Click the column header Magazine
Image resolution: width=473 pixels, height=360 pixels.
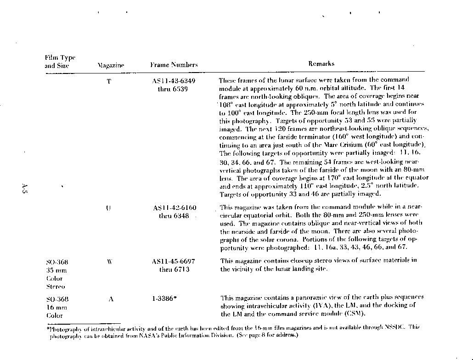point(111,66)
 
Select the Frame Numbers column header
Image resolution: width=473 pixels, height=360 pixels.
point(174,65)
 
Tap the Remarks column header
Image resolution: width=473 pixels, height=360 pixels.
point(321,64)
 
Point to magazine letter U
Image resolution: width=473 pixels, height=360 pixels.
point(108,208)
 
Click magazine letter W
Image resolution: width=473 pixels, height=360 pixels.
point(109,262)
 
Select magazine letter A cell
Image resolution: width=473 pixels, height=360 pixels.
point(111,299)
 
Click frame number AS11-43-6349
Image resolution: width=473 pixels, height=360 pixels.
point(173,81)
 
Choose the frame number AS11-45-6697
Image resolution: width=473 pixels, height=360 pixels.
point(173,261)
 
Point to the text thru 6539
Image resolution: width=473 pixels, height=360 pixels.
point(173,89)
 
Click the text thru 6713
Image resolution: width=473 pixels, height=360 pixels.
point(173,270)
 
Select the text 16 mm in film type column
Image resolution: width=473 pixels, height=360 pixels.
point(56,307)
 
